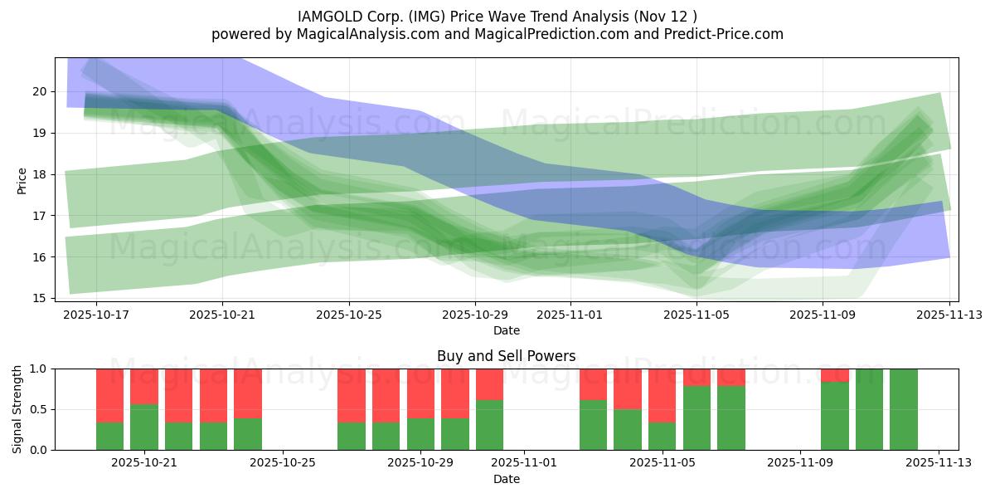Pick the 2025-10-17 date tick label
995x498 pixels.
click(96, 315)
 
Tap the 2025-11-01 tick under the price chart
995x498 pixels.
click(570, 315)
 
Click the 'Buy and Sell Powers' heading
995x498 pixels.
click(506, 356)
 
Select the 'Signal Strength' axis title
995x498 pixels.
click(17, 409)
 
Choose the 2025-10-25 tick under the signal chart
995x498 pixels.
click(284, 462)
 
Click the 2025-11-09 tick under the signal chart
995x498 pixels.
click(800, 462)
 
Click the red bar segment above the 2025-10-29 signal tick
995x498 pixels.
click(420, 393)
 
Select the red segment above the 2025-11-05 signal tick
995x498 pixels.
click(663, 395)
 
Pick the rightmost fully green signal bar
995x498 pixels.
click(904, 409)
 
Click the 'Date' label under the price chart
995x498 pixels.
click(507, 330)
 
